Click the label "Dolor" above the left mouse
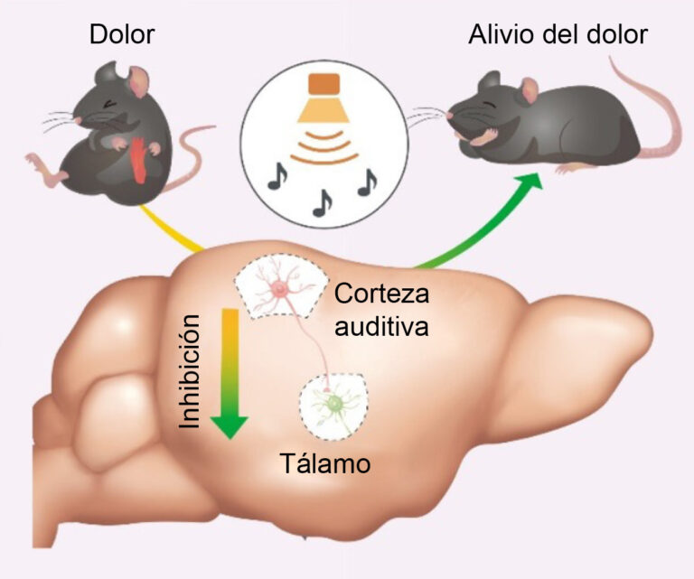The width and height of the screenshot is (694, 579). [x=122, y=34]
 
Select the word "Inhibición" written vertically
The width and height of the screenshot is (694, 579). [x=189, y=371]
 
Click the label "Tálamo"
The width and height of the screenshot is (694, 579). [x=325, y=463]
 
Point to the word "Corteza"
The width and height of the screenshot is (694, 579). [x=381, y=294]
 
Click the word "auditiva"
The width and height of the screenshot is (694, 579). [x=381, y=326]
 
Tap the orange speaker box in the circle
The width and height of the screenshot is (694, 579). [x=324, y=84]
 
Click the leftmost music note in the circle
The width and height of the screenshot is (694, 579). [x=277, y=176]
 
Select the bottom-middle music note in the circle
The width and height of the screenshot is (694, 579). [x=323, y=203]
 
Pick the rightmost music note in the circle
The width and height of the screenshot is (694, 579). [x=367, y=182]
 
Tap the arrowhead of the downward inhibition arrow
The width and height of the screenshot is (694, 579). [x=230, y=427]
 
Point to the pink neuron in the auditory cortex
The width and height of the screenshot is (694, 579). [x=281, y=289]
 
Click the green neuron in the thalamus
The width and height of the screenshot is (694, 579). [x=334, y=404]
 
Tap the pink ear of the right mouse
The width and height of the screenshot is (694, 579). [x=529, y=89]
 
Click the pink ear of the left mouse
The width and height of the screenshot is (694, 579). [x=138, y=80]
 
